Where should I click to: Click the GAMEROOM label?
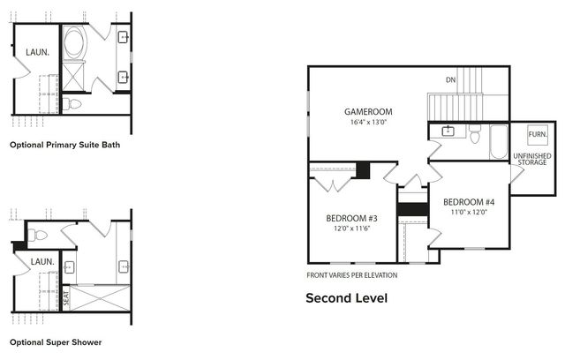click(368, 112)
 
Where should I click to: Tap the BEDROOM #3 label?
click(351, 218)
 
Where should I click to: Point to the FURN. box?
click(537, 135)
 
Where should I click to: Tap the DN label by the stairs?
click(450, 80)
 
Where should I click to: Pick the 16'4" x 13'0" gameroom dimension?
click(368, 123)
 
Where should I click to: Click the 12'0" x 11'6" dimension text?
click(351, 229)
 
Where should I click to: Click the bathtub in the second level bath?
click(496, 138)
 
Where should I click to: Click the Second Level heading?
click(346, 297)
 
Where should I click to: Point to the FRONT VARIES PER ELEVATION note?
click(351, 274)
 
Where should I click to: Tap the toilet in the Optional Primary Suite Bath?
click(74, 104)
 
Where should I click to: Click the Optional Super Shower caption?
click(56, 341)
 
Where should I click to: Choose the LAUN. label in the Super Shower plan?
click(42, 262)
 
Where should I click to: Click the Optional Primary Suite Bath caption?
click(64, 144)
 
